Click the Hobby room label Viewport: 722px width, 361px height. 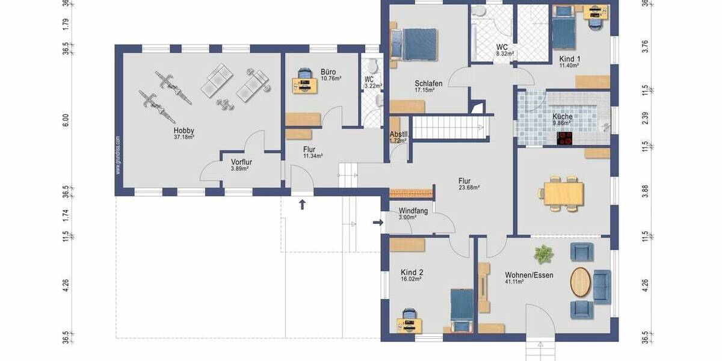pyautogui.click(x=184, y=131)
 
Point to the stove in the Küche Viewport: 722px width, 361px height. pyautogui.click(x=565, y=139)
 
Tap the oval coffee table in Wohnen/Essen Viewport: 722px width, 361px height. pyautogui.click(x=580, y=281)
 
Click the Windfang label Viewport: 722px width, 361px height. pyautogui.click(x=413, y=211)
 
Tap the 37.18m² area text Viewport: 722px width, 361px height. pyautogui.click(x=184, y=137)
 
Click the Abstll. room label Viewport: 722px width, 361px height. pyautogui.click(x=399, y=134)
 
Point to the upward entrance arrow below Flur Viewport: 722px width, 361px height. pyautogui.click(x=302, y=205)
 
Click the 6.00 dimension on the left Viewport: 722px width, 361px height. pyautogui.click(x=66, y=120)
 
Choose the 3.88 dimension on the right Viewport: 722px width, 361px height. pyautogui.click(x=645, y=191)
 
